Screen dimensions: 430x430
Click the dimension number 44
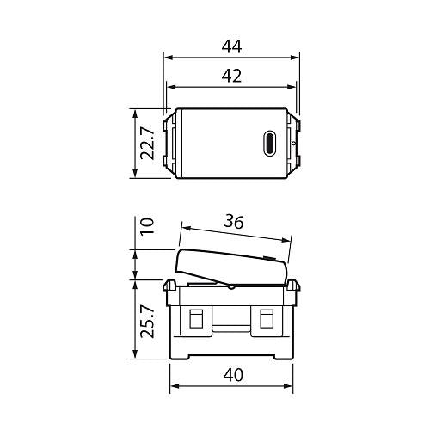pos(230,45)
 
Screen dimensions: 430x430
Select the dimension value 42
pos(230,75)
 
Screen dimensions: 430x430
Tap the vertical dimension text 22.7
pos(148,143)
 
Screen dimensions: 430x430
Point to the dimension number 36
pos(232,221)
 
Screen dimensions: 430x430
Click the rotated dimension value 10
pos(147,226)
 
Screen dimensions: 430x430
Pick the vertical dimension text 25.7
pos(147,320)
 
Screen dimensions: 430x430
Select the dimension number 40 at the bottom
pos(232,375)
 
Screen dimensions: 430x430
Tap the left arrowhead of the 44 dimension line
pos(167,58)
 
